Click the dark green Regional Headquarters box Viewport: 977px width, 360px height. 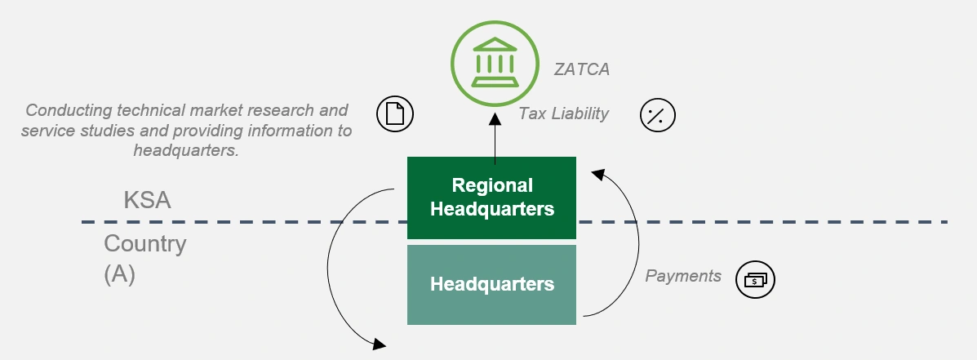point(492,198)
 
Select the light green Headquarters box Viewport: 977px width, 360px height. point(492,285)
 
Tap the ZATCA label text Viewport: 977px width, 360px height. point(582,69)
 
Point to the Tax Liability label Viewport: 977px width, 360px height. point(564,113)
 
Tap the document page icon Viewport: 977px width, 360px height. point(395,114)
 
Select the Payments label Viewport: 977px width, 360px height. point(683,276)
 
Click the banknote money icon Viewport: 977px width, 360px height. point(755,280)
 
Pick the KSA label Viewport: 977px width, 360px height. point(147,201)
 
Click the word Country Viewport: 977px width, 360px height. point(145,243)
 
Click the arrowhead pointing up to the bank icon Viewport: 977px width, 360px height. point(495,121)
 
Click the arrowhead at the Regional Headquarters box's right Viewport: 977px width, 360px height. point(597,173)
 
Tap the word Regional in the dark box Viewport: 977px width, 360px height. point(492,185)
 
